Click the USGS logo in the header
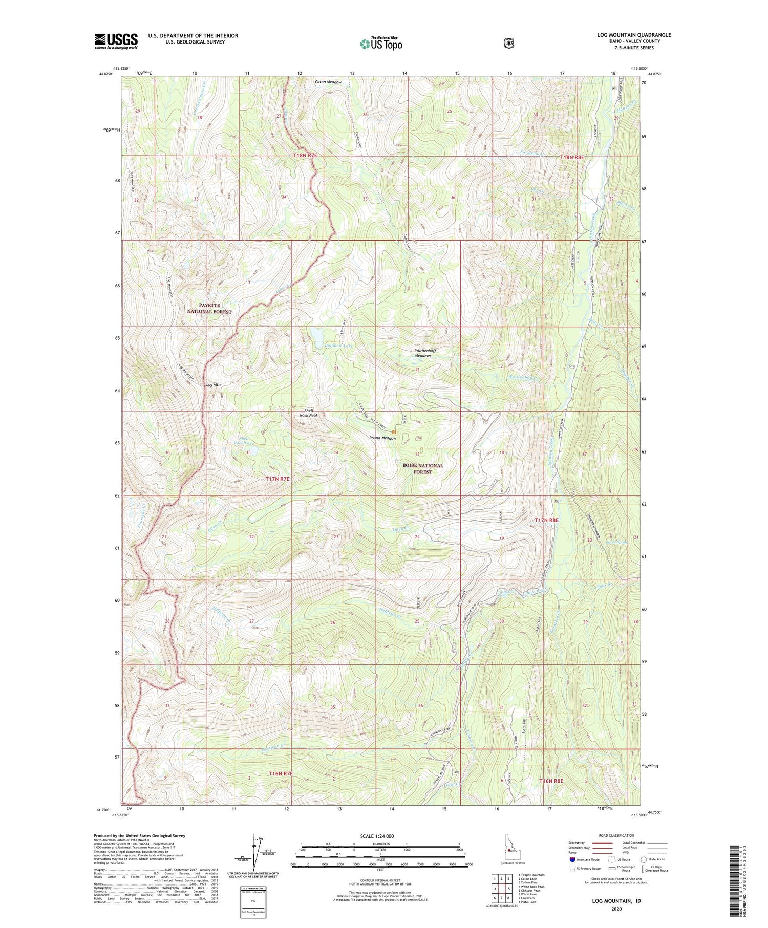click(x=116, y=41)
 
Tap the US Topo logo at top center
click(x=381, y=44)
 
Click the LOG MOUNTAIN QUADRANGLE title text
click(x=628, y=35)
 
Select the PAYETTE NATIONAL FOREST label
click(x=209, y=308)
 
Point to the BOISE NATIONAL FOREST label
click(x=422, y=469)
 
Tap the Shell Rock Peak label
click(x=309, y=413)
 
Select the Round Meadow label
click(x=382, y=438)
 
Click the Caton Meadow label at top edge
click(x=328, y=82)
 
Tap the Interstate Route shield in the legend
click(x=572, y=859)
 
